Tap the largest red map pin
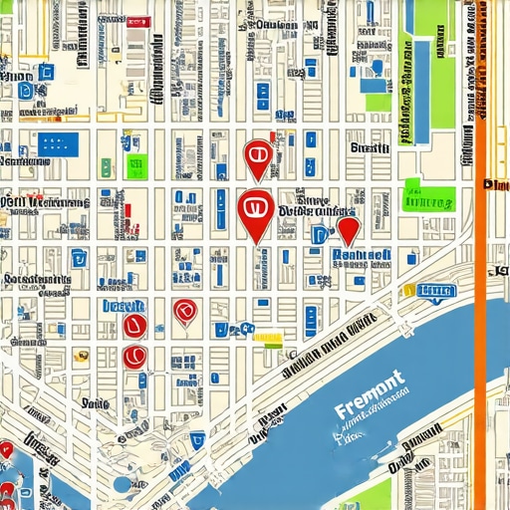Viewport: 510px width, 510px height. click(256, 212)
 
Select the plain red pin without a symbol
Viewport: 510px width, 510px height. click(348, 231)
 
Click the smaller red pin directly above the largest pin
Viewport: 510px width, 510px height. click(256, 156)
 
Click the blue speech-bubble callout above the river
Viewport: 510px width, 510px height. click(436, 292)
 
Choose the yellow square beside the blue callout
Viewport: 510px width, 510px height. click(408, 291)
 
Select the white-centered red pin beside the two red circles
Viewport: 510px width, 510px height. click(184, 313)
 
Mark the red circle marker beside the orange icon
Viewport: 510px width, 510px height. click(132, 356)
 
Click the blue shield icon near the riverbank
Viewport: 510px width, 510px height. click(198, 438)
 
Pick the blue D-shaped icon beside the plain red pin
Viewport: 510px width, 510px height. click(319, 235)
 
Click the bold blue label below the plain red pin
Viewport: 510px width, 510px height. click(360, 255)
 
